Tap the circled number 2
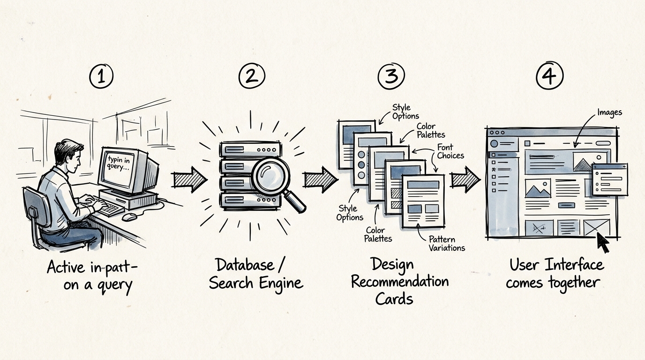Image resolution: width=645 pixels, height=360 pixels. [252, 76]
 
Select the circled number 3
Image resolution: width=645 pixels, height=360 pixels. [391, 76]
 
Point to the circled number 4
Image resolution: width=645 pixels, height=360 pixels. [549, 76]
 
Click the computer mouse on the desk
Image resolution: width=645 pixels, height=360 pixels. [129, 217]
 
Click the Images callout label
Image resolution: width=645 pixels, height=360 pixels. [609, 112]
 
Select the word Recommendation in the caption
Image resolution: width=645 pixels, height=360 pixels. [399, 282]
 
